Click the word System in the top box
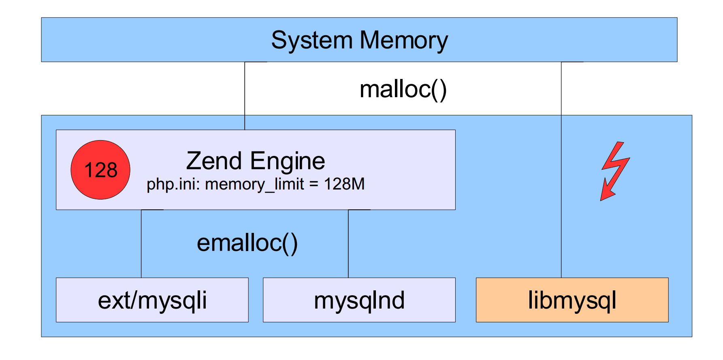point(311,40)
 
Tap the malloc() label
point(403,89)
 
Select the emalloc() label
point(247,243)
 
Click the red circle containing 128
point(100,170)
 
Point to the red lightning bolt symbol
point(615,170)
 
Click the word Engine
point(288,162)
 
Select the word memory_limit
point(254,184)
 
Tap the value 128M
point(344,184)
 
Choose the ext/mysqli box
point(152,300)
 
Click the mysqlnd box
point(359,300)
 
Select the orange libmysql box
point(572,300)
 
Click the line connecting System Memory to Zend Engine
point(245,95)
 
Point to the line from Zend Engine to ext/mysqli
point(141,243)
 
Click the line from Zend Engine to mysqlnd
point(348,243)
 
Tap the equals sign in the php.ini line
point(314,185)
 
